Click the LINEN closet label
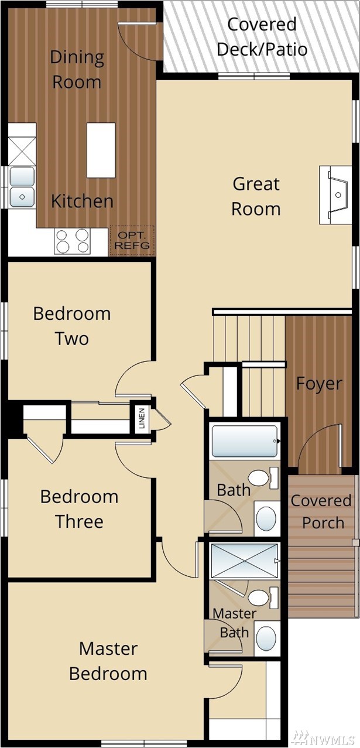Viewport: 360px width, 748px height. [x=142, y=418]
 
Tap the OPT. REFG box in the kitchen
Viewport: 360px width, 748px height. [x=132, y=241]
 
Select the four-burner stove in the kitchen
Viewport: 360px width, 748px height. [x=73, y=241]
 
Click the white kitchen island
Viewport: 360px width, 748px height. [x=101, y=151]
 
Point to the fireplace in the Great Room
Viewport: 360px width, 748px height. [x=335, y=194]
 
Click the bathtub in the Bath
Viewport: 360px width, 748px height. [x=245, y=441]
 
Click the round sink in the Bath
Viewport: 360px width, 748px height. [x=266, y=519]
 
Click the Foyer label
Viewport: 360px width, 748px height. [x=319, y=384]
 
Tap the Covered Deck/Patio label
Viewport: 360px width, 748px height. [x=262, y=37]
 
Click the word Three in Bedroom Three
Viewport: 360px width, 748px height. [x=80, y=521]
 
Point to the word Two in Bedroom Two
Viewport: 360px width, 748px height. [x=72, y=339]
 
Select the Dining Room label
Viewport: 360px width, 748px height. [x=77, y=70]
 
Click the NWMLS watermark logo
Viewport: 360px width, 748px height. [x=326, y=736]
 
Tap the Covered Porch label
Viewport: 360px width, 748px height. [x=321, y=511]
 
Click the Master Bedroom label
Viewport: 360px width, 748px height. [x=108, y=661]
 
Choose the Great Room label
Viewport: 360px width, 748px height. [x=256, y=196]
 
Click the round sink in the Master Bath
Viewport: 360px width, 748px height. [x=266, y=638]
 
